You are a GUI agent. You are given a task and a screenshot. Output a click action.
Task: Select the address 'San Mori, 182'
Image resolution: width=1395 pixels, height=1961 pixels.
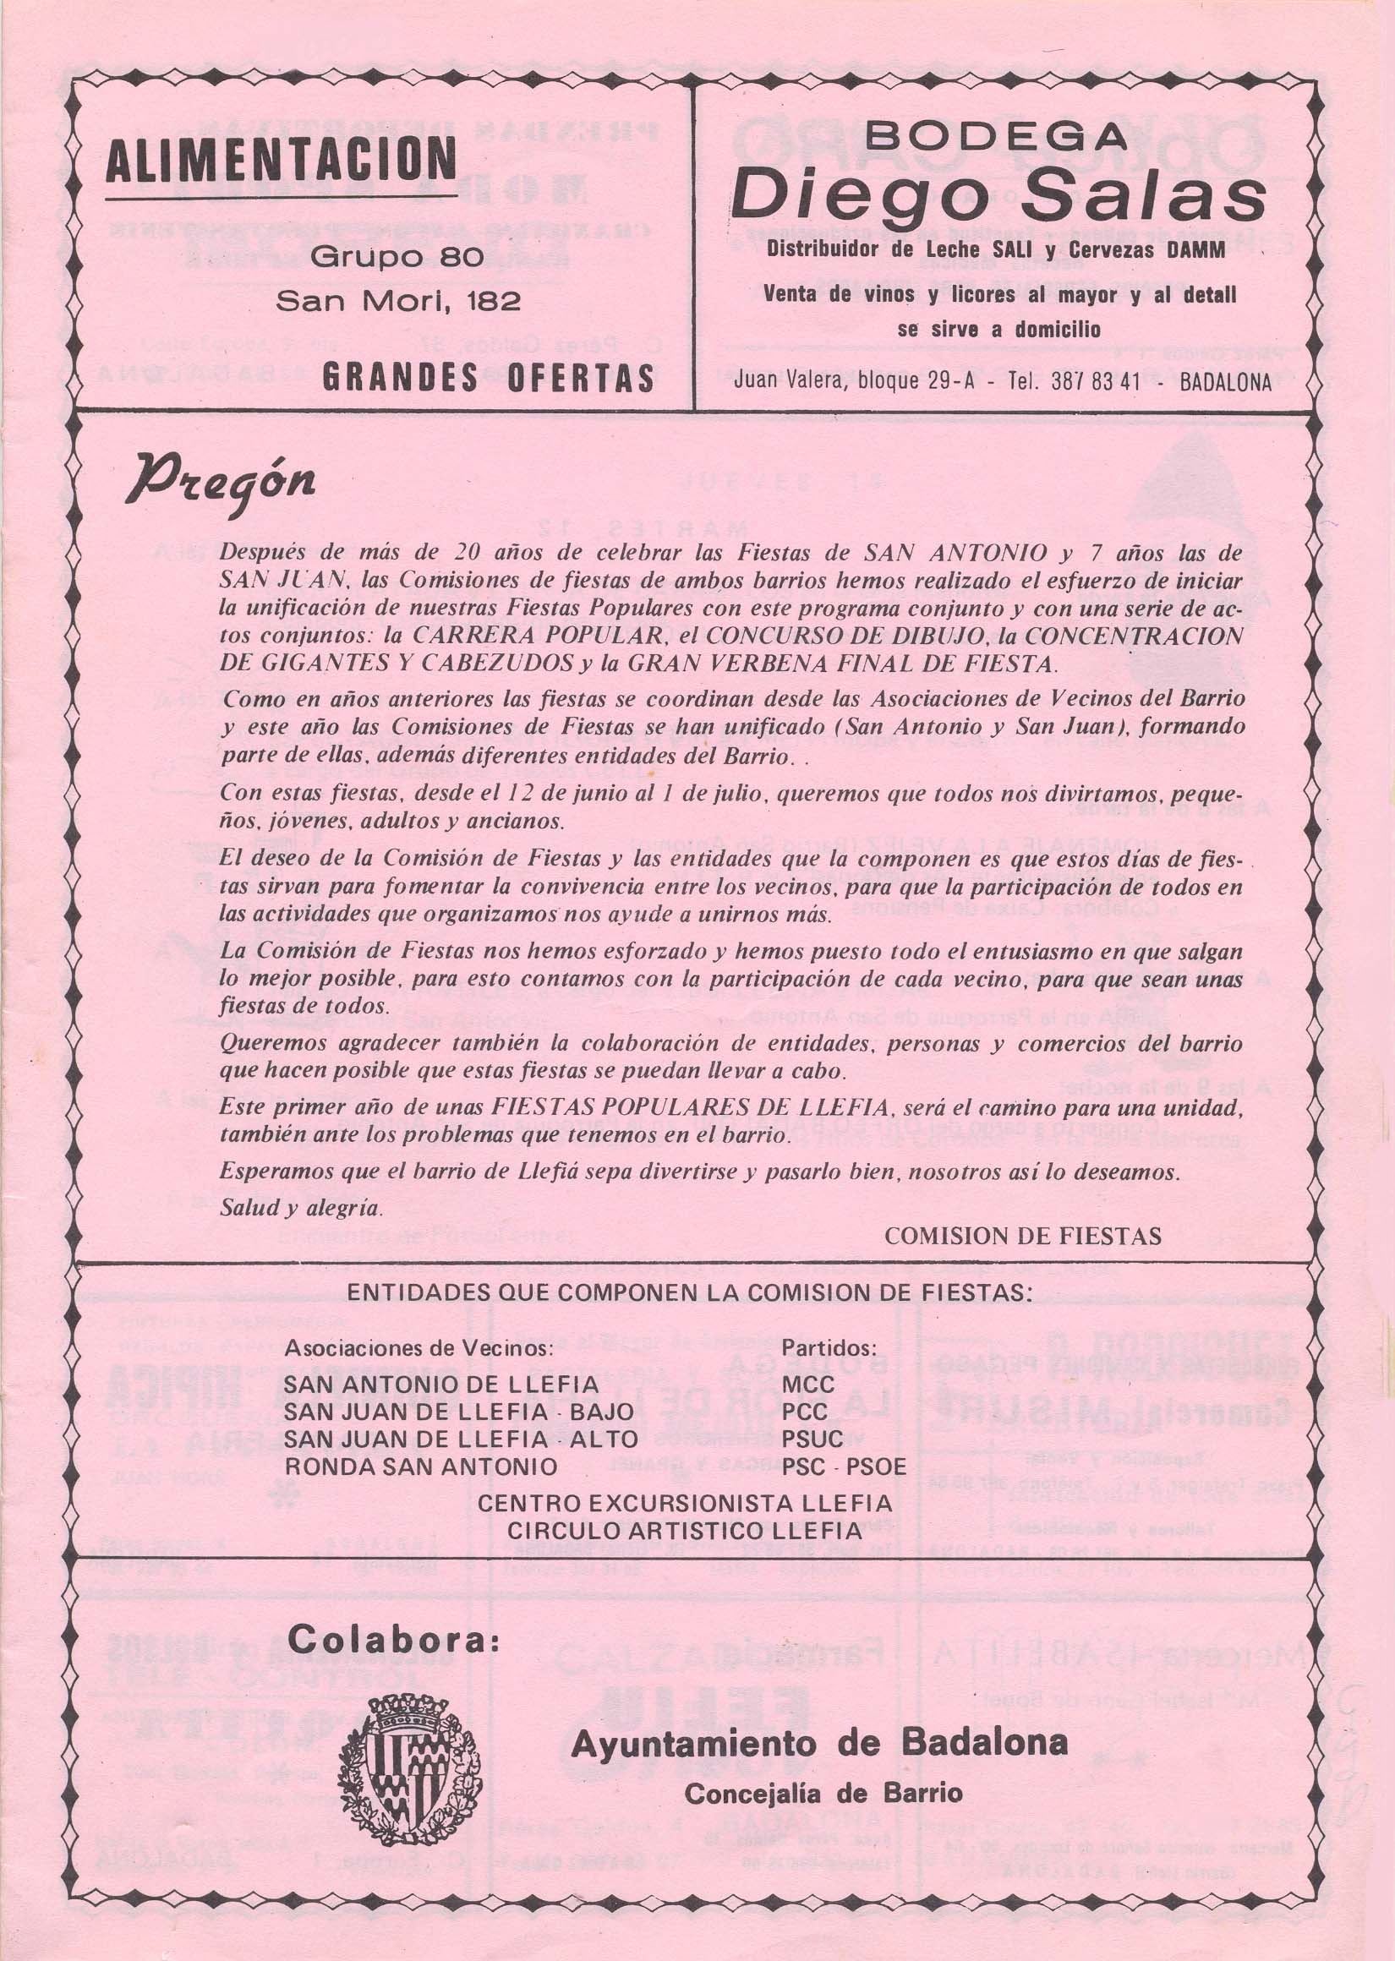(397, 301)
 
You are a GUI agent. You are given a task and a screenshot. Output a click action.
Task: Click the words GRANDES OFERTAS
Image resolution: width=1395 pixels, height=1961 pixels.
(488, 379)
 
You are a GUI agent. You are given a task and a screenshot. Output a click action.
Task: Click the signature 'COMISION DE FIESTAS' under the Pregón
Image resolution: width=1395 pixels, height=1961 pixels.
(1022, 1236)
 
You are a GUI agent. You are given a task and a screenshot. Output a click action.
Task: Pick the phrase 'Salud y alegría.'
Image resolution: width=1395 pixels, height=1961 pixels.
(300, 1206)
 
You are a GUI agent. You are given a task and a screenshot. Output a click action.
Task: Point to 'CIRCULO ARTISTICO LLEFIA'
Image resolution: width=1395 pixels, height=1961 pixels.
(684, 1531)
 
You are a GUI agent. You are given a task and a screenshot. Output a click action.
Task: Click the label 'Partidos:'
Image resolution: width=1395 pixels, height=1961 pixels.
(829, 1348)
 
